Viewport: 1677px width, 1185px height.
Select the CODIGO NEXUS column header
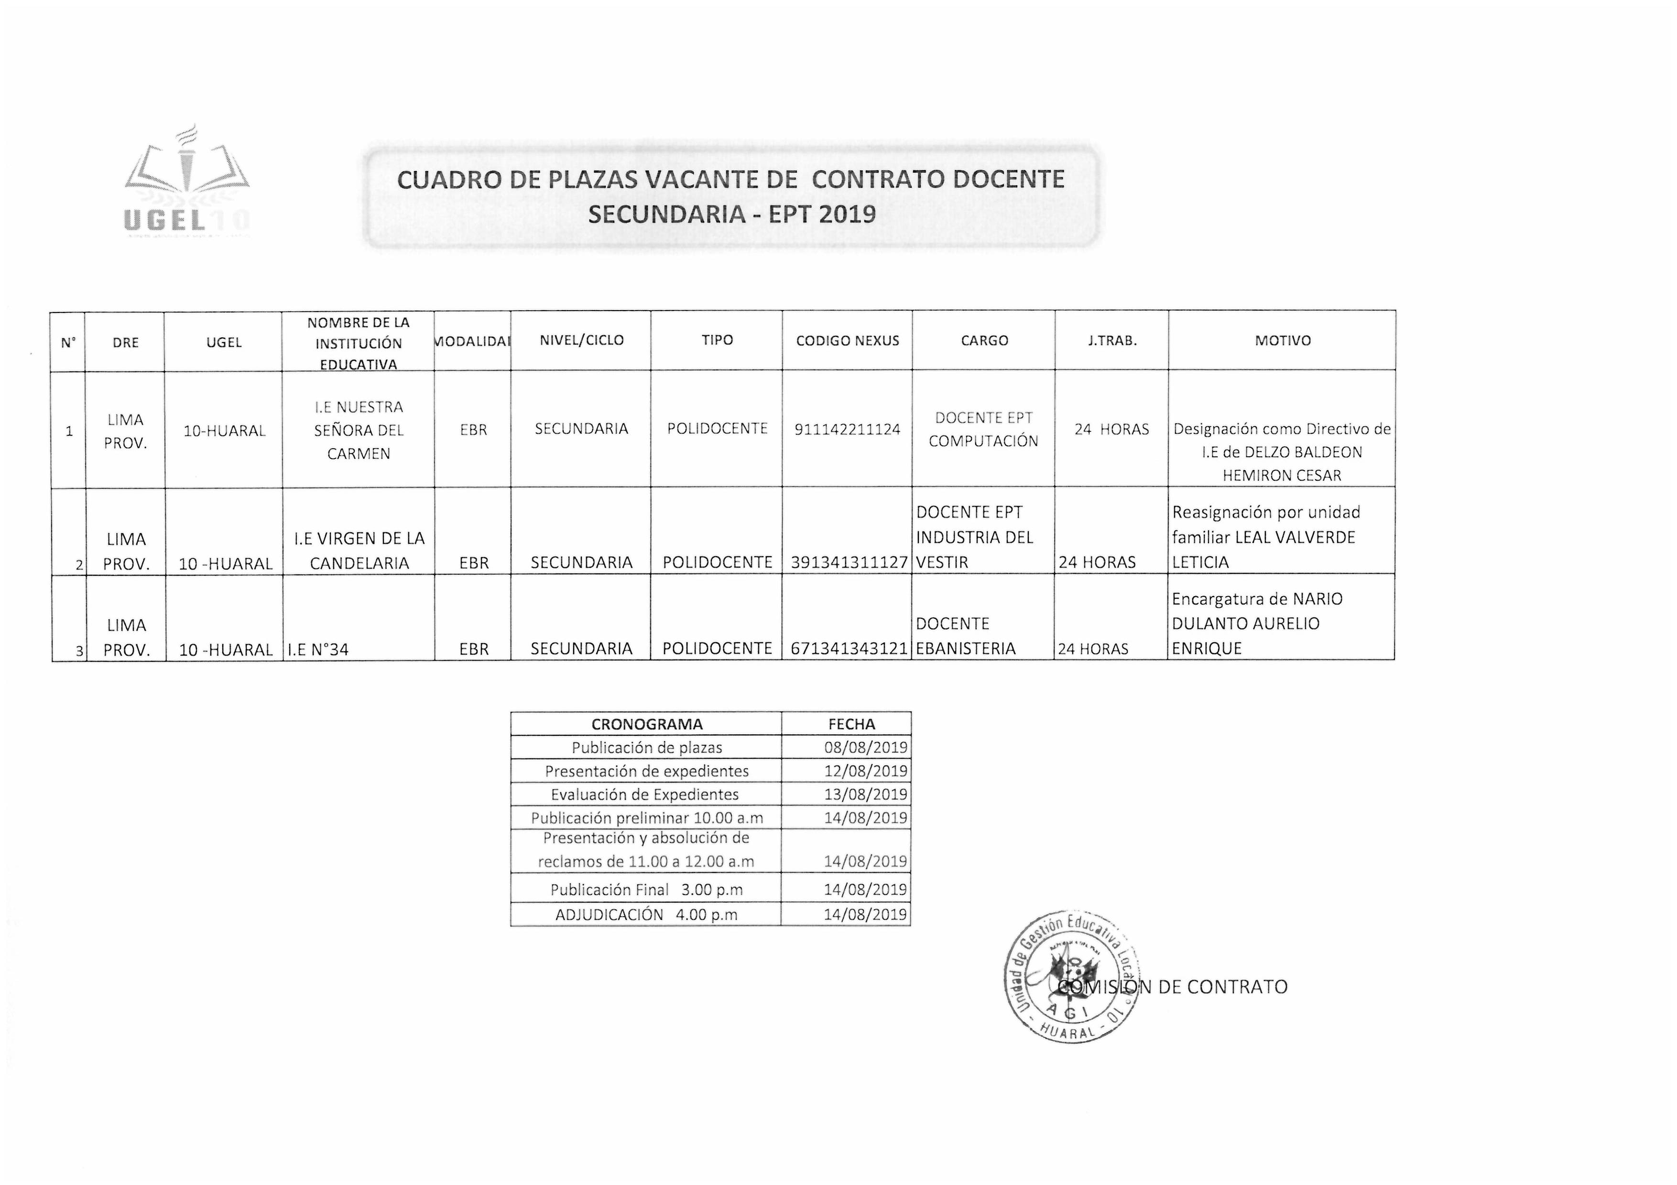pyautogui.click(x=847, y=341)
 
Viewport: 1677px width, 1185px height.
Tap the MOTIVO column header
pyautogui.click(x=1283, y=341)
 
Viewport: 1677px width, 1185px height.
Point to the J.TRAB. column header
pyautogui.click(x=1111, y=341)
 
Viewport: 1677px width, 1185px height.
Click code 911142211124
pyautogui.click(x=847, y=429)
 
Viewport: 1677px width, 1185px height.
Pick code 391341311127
pyautogui.click(x=849, y=562)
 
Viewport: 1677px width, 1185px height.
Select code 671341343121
pyautogui.click(x=849, y=648)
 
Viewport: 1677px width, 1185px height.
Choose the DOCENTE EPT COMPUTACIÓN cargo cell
pyautogui.click(x=983, y=429)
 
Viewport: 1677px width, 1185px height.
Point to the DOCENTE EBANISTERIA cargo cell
pyautogui.click(x=966, y=636)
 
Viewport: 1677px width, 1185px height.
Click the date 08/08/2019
pyautogui.click(x=866, y=748)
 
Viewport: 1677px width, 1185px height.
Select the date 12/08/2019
pyautogui.click(x=866, y=771)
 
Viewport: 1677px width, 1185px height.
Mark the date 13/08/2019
pyautogui.click(x=866, y=795)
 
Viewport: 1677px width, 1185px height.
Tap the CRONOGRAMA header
pyautogui.click(x=646, y=724)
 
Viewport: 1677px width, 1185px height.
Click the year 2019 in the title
pyautogui.click(x=847, y=214)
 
